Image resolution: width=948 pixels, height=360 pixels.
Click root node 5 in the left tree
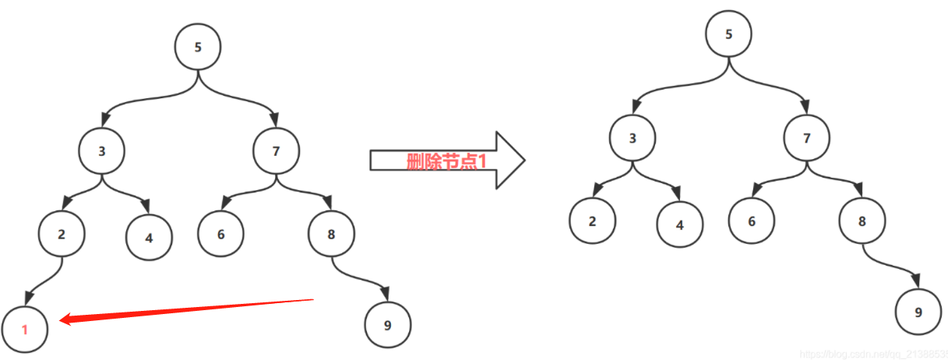click(198, 47)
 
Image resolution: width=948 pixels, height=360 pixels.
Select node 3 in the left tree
click(102, 151)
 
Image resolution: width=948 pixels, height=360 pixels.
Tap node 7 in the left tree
click(277, 151)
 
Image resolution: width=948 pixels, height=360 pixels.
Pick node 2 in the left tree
click(62, 234)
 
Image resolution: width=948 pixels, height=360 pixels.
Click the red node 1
click(25, 330)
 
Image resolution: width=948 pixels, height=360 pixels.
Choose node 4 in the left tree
click(149, 235)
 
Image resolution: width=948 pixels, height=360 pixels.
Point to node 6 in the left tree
click(221, 233)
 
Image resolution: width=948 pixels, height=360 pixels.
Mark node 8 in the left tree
click(332, 233)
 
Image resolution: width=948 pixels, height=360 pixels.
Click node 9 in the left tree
click(387, 325)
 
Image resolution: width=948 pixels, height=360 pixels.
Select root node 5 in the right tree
click(729, 34)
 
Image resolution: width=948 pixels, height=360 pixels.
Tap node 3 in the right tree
click(633, 139)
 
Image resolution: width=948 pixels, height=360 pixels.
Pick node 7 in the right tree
click(807, 139)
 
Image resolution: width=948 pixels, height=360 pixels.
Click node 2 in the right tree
click(592, 221)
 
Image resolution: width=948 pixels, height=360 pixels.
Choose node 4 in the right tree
click(679, 225)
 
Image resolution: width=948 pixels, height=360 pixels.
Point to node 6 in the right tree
click(752, 221)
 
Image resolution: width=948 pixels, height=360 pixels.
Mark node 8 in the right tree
click(862, 221)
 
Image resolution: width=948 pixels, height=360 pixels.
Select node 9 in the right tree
click(918, 312)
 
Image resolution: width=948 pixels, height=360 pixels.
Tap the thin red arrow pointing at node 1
click(187, 309)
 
